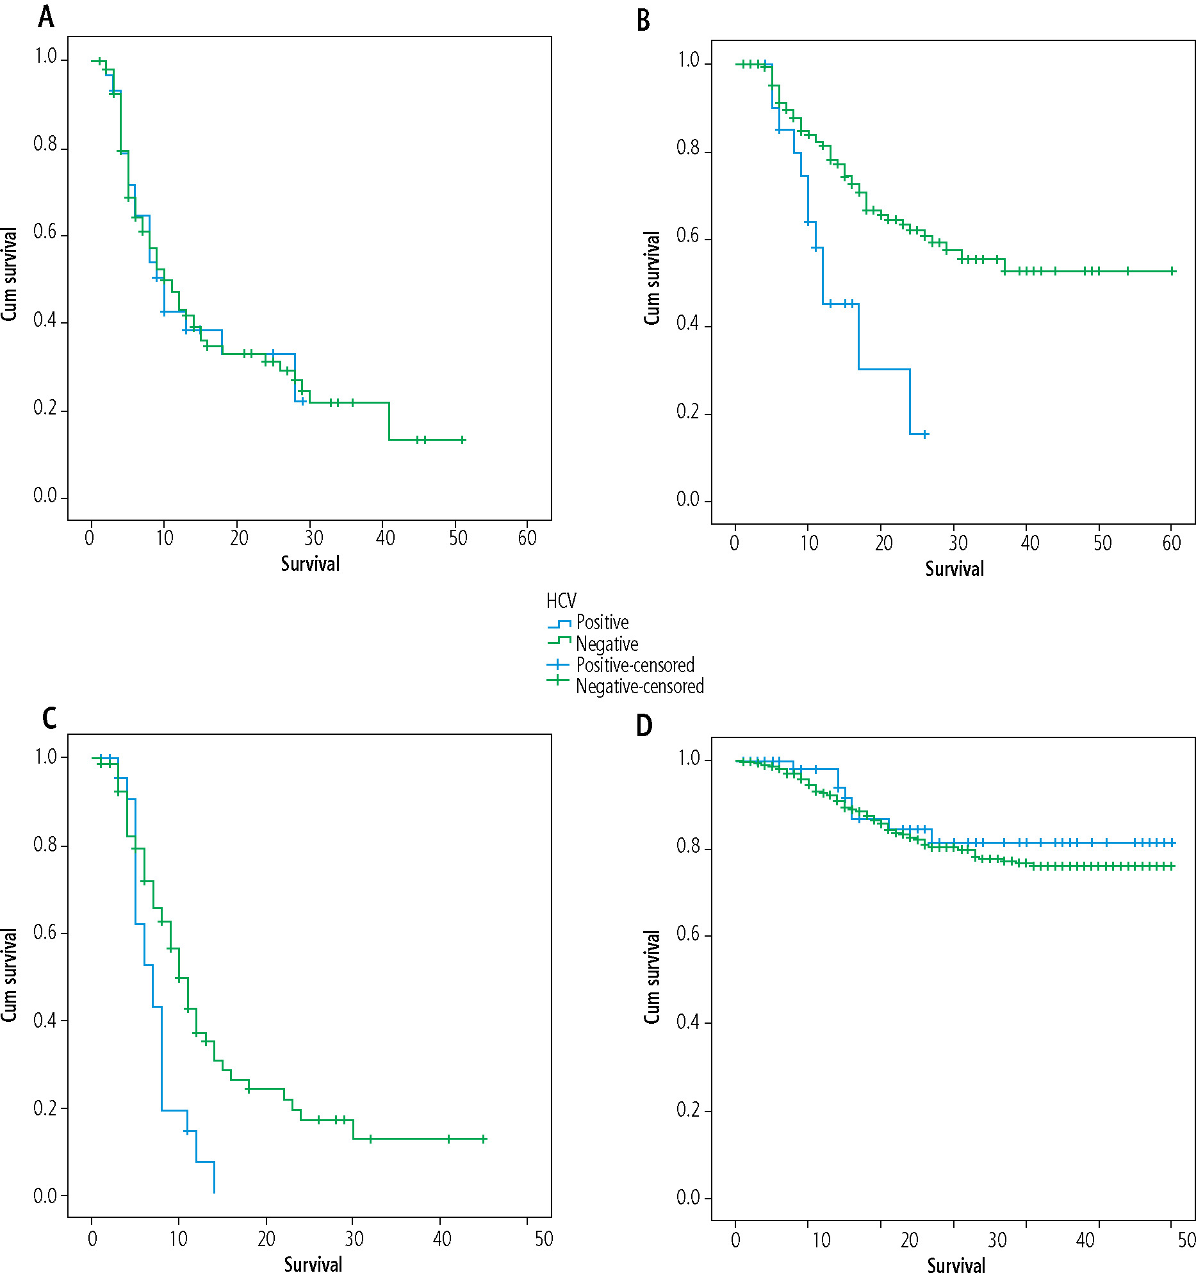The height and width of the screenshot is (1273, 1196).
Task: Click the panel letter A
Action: (x=46, y=17)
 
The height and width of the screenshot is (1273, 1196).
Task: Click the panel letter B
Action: (x=643, y=21)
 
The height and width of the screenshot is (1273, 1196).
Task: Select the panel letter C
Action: (x=49, y=718)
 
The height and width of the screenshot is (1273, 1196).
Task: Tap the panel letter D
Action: (x=644, y=726)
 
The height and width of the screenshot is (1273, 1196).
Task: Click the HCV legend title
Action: (x=561, y=601)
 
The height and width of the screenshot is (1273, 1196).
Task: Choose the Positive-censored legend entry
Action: (x=635, y=665)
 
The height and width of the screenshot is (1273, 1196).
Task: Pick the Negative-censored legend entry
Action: (x=639, y=686)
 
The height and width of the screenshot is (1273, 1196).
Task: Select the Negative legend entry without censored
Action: (x=607, y=643)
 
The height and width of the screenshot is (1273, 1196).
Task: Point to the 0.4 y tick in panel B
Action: (x=687, y=324)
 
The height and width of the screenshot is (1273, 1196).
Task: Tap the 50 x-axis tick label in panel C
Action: (x=544, y=1239)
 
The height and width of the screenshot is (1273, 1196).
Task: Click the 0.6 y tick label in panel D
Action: (x=687, y=934)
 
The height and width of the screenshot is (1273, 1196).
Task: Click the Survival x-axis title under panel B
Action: (x=954, y=569)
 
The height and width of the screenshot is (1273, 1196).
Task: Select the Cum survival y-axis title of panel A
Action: (x=10, y=274)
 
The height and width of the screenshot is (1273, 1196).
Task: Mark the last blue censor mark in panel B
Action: (x=925, y=434)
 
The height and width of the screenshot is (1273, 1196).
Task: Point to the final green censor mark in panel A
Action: (x=463, y=439)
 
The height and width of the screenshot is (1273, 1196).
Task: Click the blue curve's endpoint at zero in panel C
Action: (x=214, y=1193)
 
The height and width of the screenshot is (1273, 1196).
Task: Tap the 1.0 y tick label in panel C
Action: (x=46, y=757)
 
